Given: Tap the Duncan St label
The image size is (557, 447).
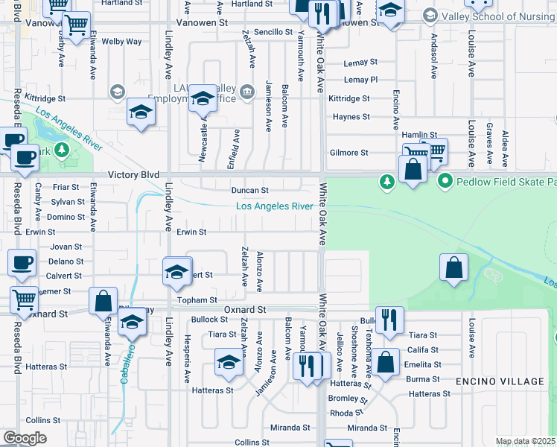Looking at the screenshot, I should click(x=249, y=190).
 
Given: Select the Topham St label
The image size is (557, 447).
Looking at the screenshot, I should click(x=196, y=299).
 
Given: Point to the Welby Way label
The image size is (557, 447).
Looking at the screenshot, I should click(x=121, y=42).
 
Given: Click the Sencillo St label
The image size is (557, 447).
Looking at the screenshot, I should click(x=273, y=32).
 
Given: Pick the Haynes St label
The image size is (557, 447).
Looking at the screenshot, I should click(x=351, y=117).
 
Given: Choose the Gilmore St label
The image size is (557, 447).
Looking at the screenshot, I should click(x=348, y=153).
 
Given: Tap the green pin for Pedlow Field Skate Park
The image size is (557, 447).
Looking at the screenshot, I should click(x=445, y=181).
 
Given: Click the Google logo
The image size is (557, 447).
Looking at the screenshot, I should click(x=25, y=438).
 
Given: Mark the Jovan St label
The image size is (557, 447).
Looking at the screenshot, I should click(x=66, y=247).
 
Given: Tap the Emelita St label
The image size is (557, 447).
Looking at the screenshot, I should click(x=424, y=364).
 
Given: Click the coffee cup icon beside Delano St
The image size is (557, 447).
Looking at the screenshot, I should click(x=21, y=263).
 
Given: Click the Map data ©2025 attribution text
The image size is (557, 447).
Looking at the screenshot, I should click(x=525, y=442).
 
